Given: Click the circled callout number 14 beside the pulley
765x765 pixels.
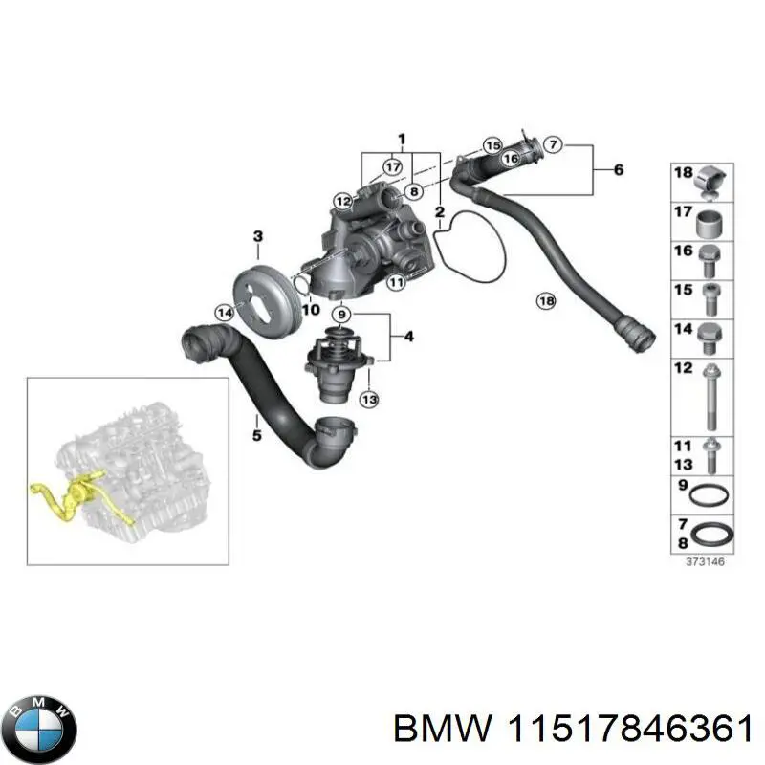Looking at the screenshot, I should [x=224, y=312].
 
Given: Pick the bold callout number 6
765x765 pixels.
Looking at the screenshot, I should [x=618, y=170].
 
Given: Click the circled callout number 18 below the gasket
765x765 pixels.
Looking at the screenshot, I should [x=545, y=301].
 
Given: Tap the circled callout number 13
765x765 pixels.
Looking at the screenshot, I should [x=369, y=399].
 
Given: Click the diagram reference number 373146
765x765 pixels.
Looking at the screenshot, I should [x=705, y=562].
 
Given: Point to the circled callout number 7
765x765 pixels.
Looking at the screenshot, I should [x=552, y=145].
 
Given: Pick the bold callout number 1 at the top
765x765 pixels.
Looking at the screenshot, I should [x=402, y=139].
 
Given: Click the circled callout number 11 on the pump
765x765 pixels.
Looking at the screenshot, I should [x=394, y=282].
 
